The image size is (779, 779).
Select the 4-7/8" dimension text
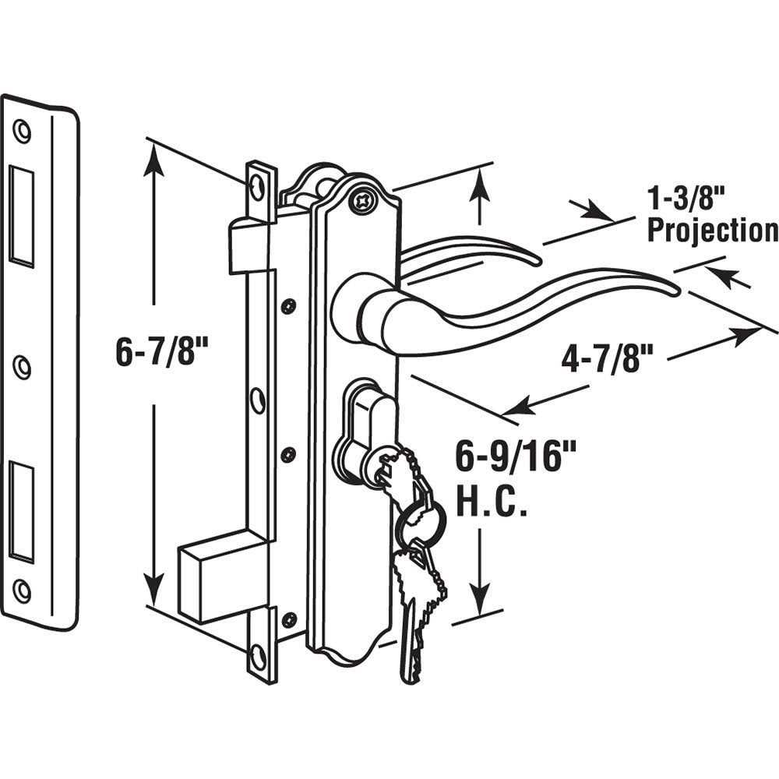[606, 360]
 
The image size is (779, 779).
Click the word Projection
[712, 231]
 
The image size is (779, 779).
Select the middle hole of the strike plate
[22, 366]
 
